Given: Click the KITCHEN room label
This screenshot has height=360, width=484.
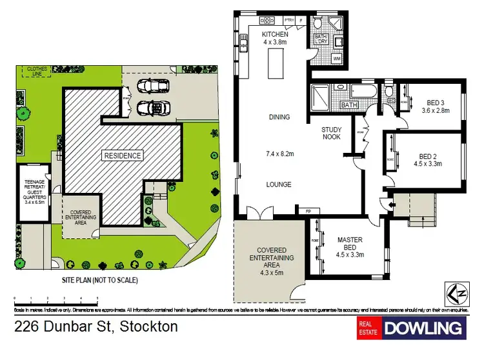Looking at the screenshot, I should click(270, 34).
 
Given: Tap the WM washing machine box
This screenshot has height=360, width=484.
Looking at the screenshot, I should click(337, 59).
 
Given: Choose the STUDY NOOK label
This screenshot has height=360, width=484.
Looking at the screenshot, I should click(332, 134).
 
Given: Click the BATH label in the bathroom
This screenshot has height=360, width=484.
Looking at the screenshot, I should click(348, 105).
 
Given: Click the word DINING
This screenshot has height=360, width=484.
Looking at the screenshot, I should click(279, 117).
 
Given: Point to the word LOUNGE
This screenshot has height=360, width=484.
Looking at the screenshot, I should click(278, 185).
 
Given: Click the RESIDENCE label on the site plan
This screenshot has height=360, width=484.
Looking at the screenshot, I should click(122, 155).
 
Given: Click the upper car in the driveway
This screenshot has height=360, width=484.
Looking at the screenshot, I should click(154, 86).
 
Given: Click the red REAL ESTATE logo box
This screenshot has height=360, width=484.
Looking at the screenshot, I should click(368, 328).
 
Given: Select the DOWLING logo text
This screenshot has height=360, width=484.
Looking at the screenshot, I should click(424, 328).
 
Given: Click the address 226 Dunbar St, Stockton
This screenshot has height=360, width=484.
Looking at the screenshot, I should click(96, 326).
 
